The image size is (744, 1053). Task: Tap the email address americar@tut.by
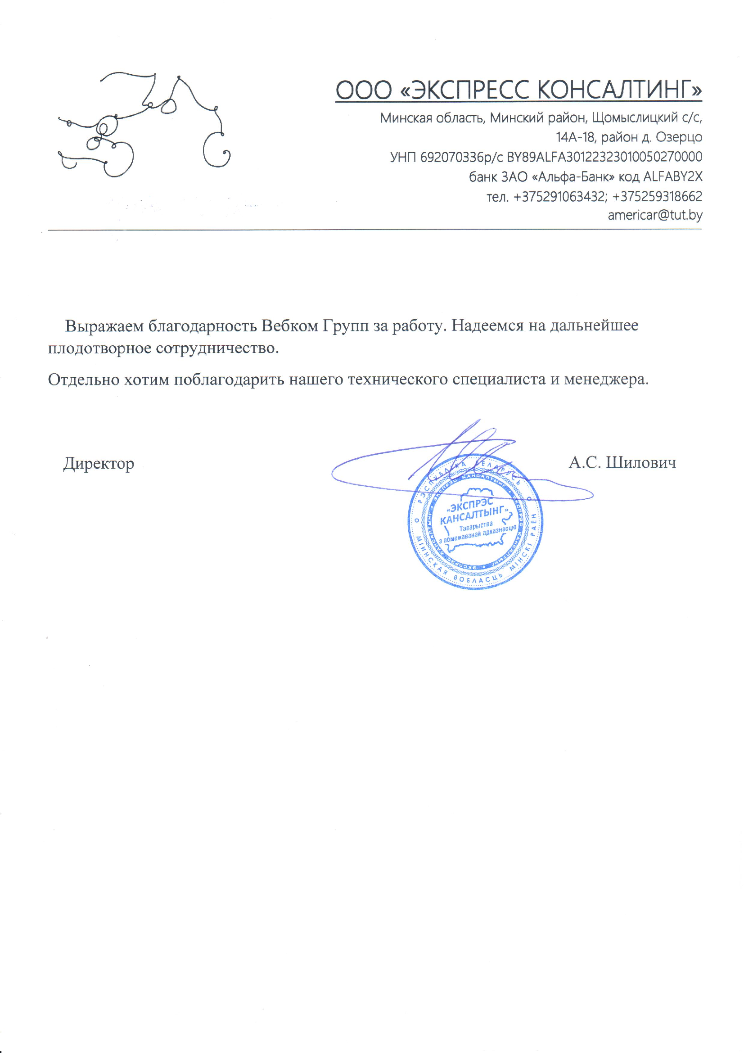point(654,215)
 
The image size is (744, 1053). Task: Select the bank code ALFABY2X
point(672,176)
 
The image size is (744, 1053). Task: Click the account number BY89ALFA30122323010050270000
point(604,157)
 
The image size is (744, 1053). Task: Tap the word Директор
point(99,463)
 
